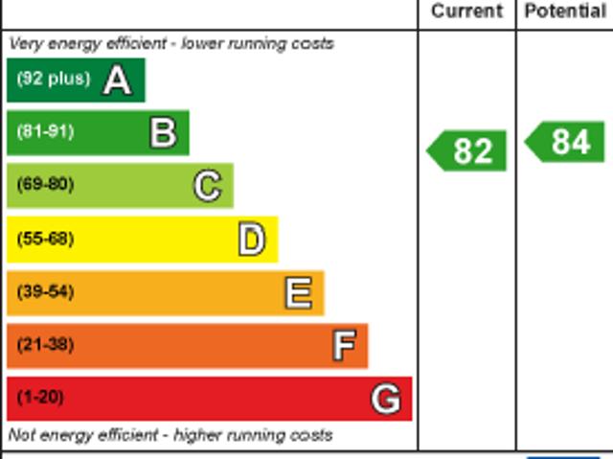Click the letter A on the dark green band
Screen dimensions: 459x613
tap(117, 80)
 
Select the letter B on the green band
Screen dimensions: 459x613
tap(163, 133)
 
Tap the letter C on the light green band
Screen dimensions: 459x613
tap(207, 186)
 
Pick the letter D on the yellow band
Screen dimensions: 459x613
tap(251, 240)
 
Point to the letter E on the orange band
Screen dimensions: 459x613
tap(298, 293)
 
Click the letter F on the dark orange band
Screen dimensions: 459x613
tap(344, 345)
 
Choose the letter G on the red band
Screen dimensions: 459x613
tap(386, 399)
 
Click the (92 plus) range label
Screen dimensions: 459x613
tap(53, 80)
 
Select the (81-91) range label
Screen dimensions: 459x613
tap(45, 132)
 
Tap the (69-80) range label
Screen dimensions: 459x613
tap(45, 185)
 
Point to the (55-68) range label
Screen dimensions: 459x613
tap(45, 239)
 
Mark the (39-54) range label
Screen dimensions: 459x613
tap(45, 292)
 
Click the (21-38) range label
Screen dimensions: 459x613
tap(45, 345)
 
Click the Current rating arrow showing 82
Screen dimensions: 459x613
tap(467, 150)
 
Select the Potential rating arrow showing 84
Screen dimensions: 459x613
tap(566, 142)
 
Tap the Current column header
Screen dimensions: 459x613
tap(466, 11)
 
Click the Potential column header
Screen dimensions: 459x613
tap(565, 11)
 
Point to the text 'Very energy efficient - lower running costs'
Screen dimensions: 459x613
tap(171, 43)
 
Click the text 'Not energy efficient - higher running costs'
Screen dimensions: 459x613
tap(170, 435)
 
